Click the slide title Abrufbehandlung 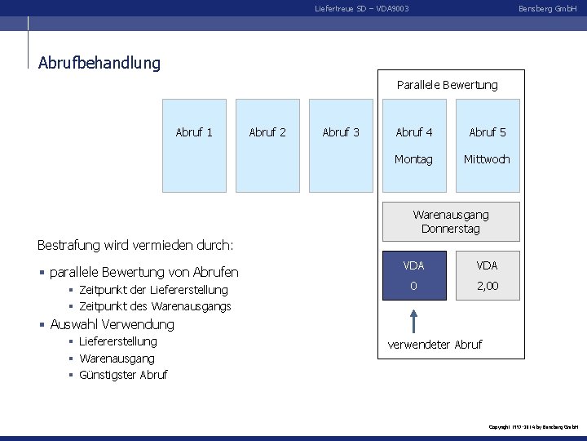click(99, 62)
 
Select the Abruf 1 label click(194, 132)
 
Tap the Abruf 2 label click(267, 132)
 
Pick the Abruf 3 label click(341, 132)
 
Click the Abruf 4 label click(414, 132)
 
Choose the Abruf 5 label click(488, 132)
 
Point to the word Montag click(413, 159)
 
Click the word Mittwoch click(487, 159)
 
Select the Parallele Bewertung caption click(447, 85)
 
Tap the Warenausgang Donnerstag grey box click(451, 221)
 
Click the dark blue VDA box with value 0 click(414, 275)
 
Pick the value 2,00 click(488, 286)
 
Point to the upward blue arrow click(414, 320)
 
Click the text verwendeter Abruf click(435, 345)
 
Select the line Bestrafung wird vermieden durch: click(135, 245)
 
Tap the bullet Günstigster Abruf click(123, 375)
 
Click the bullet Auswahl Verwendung click(112, 324)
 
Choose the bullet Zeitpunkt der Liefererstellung click(153, 290)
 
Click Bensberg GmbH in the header click(548, 8)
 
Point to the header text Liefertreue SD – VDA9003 click(362, 8)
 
